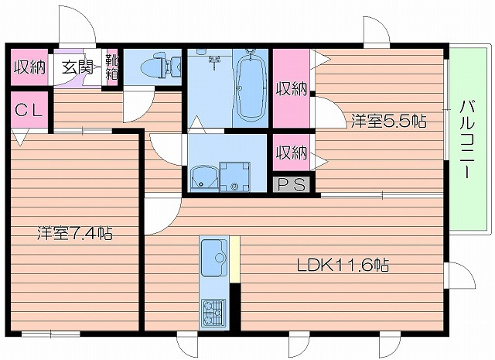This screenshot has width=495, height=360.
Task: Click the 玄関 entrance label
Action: click(x=77, y=67)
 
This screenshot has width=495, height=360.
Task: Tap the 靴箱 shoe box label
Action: click(x=112, y=67)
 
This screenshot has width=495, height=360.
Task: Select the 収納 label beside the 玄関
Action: click(x=29, y=67)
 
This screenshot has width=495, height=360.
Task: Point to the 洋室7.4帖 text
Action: click(x=74, y=232)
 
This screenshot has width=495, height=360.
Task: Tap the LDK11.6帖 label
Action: click(x=343, y=266)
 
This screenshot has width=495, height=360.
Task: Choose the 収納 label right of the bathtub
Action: click(x=292, y=87)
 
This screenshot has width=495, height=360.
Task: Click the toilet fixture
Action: click(x=159, y=65)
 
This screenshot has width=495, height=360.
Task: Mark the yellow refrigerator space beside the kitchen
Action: click(x=234, y=255)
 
